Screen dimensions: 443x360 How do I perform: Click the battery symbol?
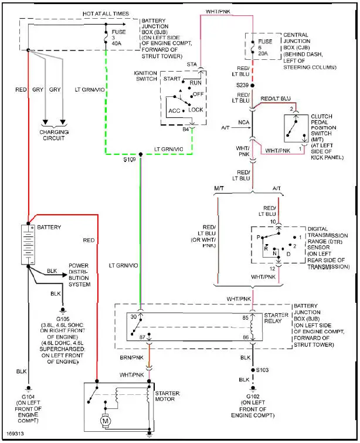click(x=28, y=244)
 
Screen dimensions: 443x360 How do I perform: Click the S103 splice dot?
click(x=253, y=370)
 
